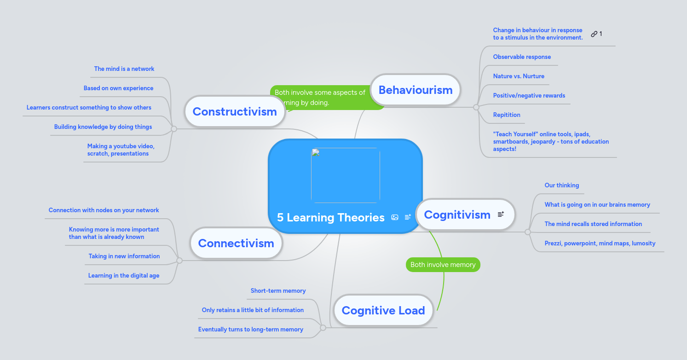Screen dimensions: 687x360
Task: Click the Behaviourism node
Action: (415, 90)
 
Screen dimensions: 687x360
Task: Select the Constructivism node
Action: (234, 111)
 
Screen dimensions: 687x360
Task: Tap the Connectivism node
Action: (236, 244)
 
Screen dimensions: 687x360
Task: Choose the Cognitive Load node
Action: (383, 311)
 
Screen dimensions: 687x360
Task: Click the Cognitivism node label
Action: (457, 215)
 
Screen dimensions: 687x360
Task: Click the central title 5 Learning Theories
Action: (330, 218)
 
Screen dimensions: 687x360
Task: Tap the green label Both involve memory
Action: (443, 265)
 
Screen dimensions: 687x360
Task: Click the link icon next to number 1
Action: (594, 34)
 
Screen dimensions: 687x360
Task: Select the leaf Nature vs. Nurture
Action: (519, 76)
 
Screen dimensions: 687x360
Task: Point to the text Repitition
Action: (507, 115)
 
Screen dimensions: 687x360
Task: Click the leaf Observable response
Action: (522, 57)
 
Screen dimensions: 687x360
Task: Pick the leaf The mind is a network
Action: (124, 69)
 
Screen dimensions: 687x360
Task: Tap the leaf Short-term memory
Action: (278, 290)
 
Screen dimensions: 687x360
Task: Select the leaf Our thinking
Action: (561, 185)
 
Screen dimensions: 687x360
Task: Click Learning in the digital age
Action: (124, 275)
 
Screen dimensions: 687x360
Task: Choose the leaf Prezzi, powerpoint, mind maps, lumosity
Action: (600, 243)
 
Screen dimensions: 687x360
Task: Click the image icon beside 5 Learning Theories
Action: (395, 217)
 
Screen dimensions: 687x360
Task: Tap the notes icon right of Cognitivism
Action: (501, 214)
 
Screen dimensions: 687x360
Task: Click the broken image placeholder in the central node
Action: (345, 175)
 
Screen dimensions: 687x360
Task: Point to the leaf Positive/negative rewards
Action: (529, 95)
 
